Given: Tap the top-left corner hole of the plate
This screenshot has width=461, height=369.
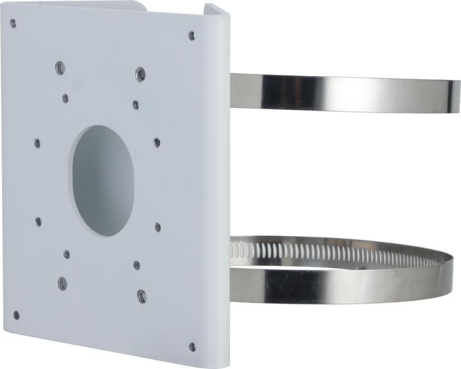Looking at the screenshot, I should pyautogui.click(x=13, y=23).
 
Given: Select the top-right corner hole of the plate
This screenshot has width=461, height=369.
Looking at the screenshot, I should pyautogui.click(x=191, y=36).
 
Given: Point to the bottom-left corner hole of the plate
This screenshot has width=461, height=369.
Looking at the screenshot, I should pyautogui.click(x=15, y=315).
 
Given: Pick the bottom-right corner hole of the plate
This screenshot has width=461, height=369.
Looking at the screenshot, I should pyautogui.click(x=192, y=347).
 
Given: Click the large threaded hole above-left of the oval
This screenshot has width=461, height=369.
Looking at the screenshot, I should pyautogui.click(x=60, y=67).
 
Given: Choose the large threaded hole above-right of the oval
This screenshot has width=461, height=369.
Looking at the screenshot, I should pyautogui.click(x=140, y=74).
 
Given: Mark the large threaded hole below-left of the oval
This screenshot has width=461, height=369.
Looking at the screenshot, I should pyautogui.click(x=62, y=283).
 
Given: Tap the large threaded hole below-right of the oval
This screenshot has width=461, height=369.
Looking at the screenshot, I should pyautogui.click(x=142, y=295).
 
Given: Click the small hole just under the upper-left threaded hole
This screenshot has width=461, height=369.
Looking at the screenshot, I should pyautogui.click(x=65, y=98).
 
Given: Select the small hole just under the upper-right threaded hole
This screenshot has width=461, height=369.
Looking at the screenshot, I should pyautogui.click(x=136, y=104).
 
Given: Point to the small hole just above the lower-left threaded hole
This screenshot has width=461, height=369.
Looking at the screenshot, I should pyautogui.click(x=67, y=255).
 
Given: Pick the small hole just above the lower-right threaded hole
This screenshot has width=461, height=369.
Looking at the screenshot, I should pyautogui.click(x=136, y=264).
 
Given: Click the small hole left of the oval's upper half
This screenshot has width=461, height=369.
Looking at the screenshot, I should pyautogui.click(x=37, y=143).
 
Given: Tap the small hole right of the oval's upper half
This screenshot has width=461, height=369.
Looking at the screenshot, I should pyautogui.click(x=157, y=143).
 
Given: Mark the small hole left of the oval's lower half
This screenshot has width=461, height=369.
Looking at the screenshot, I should pyautogui.click(x=38, y=221).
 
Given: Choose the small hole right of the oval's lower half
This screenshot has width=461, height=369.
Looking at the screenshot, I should pyautogui.click(x=158, y=227).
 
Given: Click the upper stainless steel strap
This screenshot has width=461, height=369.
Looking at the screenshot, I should pyautogui.click(x=346, y=91).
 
